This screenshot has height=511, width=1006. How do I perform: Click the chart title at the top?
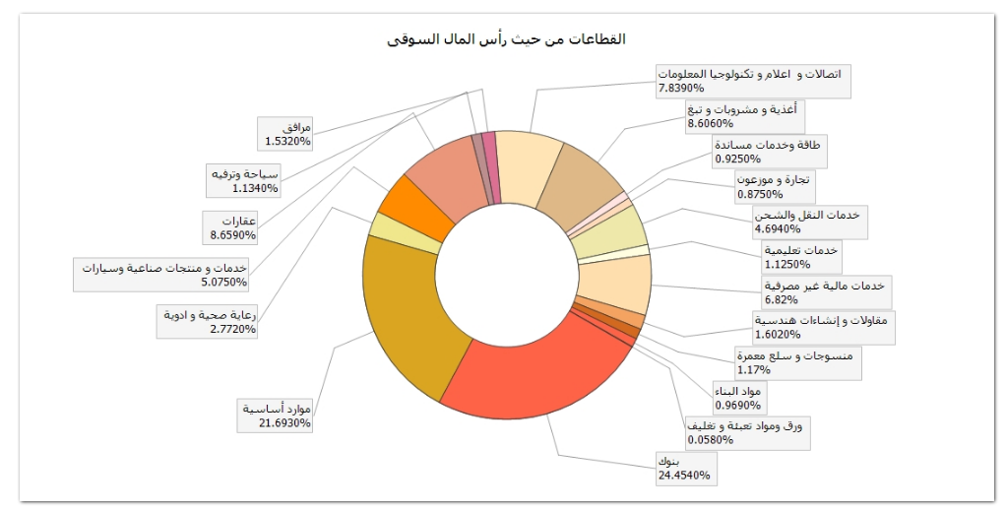point(503,39)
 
